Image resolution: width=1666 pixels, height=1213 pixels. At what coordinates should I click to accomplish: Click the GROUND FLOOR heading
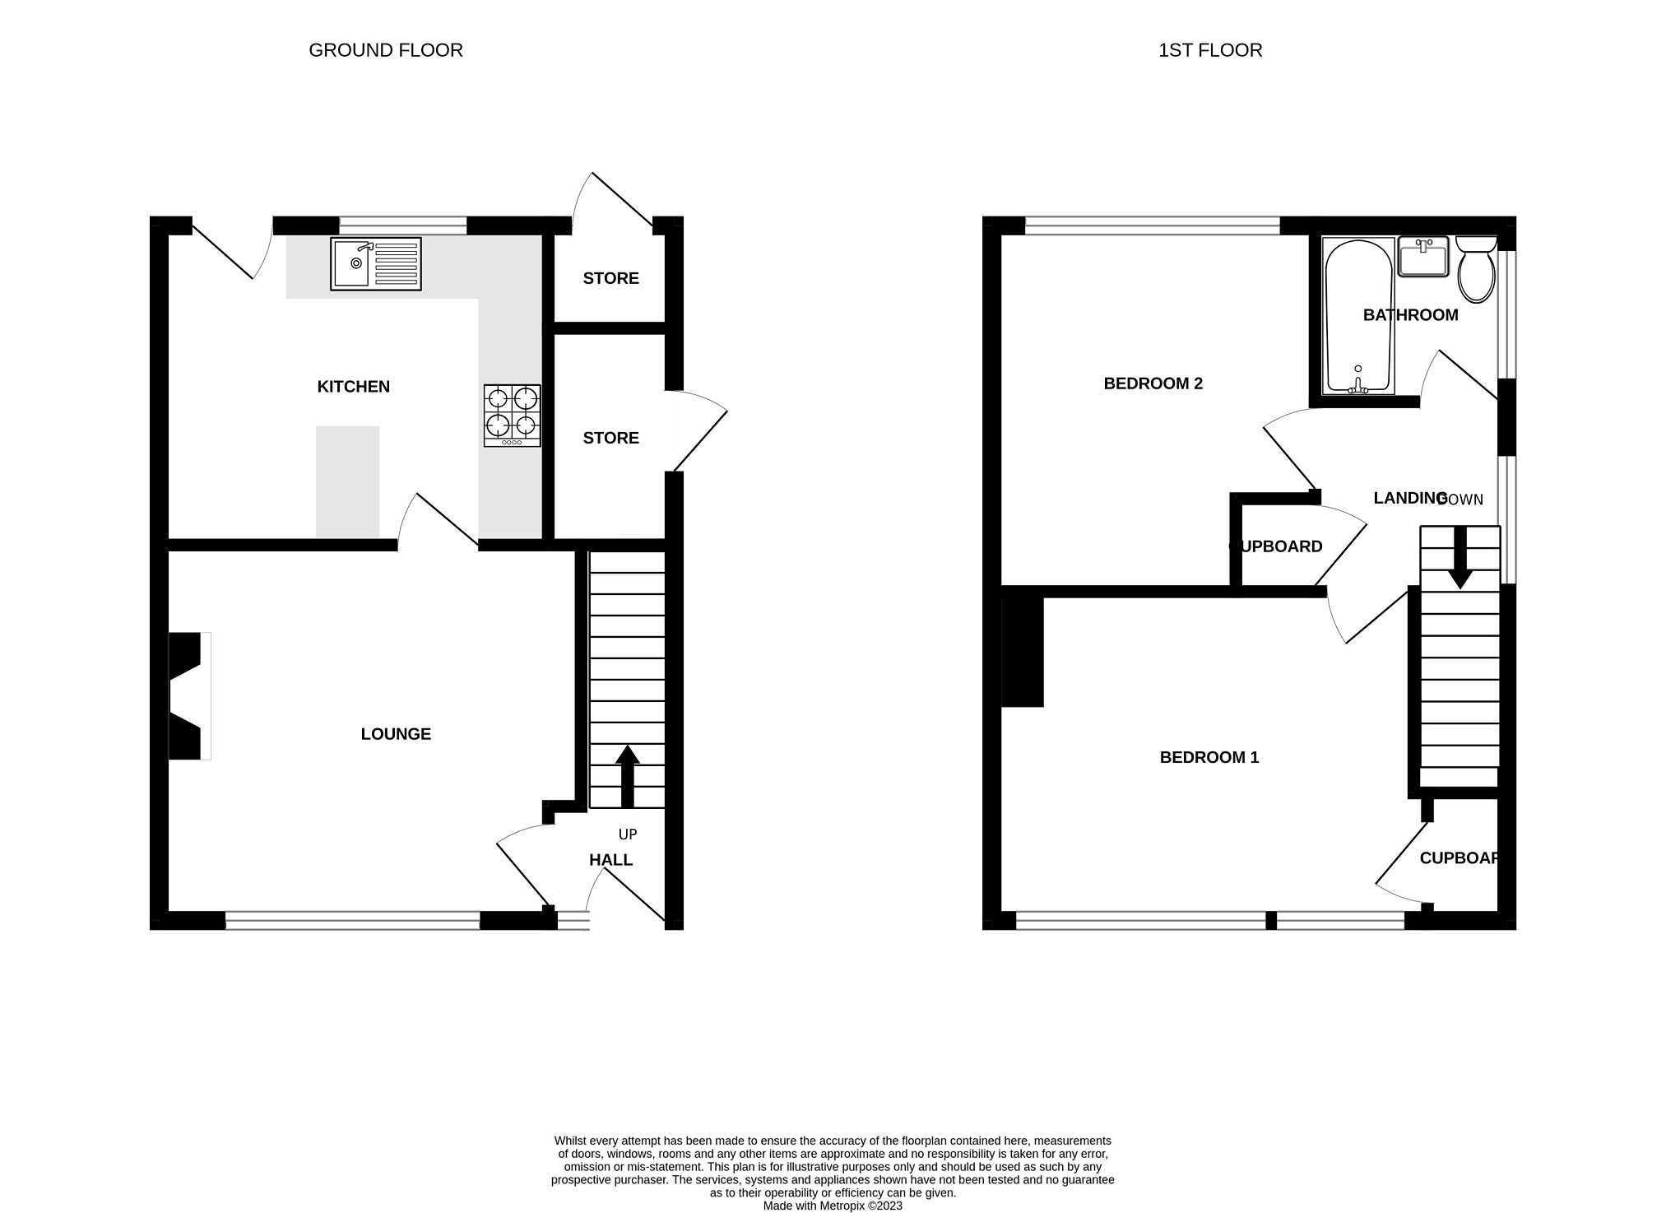tap(385, 50)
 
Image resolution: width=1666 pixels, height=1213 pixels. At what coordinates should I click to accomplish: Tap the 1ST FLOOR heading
tap(1209, 50)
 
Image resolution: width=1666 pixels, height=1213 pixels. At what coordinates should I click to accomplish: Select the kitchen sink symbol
tap(375, 263)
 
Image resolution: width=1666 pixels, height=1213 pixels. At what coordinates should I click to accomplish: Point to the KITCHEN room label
tap(353, 387)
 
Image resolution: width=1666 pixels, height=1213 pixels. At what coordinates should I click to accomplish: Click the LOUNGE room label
tap(396, 734)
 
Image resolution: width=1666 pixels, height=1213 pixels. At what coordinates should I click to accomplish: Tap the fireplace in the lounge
tap(188, 696)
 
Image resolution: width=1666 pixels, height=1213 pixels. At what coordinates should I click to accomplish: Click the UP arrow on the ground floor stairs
tap(628, 774)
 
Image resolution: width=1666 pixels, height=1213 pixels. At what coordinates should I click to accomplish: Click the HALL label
tap(610, 860)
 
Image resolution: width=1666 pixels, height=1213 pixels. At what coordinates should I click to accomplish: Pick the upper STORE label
tap(610, 278)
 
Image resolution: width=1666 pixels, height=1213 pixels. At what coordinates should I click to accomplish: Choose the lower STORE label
tap(610, 438)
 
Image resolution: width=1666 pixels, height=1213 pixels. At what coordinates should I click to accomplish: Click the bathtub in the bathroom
tap(1357, 316)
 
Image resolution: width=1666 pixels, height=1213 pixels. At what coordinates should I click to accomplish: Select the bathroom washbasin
tap(1422, 257)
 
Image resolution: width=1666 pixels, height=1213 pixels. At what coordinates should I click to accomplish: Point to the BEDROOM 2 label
tap(1153, 383)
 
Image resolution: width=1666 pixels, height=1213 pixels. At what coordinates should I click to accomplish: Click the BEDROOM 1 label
tap(1209, 757)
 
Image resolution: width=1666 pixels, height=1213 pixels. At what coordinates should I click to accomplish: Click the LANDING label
tap(1408, 498)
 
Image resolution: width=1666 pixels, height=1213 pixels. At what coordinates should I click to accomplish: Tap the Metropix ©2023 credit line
tap(833, 1206)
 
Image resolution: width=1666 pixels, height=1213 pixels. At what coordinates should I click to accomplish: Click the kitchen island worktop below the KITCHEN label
tap(347, 481)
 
